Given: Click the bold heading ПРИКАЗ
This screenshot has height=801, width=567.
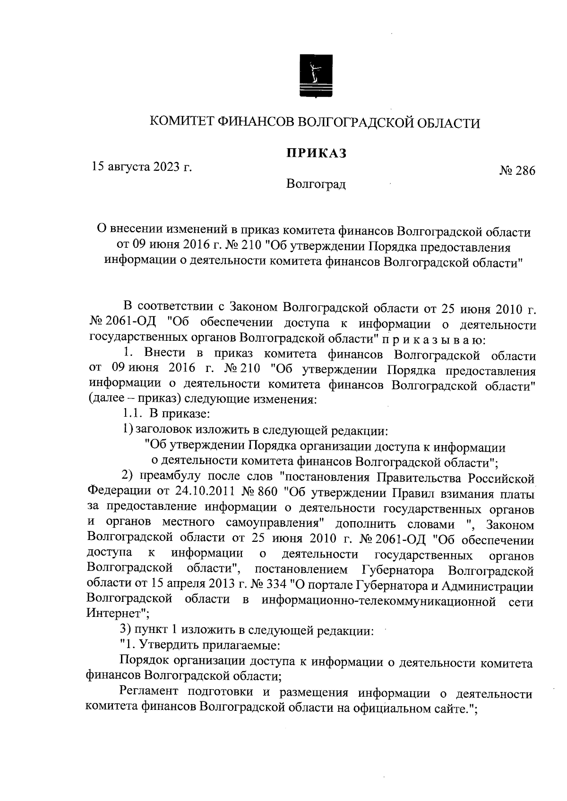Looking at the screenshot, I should coord(315,153).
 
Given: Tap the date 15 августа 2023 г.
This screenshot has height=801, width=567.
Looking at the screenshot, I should coord(142,167).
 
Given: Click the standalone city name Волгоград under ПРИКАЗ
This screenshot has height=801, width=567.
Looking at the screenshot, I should coord(316,184).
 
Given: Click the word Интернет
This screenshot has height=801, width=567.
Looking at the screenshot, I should coord(114,614).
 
